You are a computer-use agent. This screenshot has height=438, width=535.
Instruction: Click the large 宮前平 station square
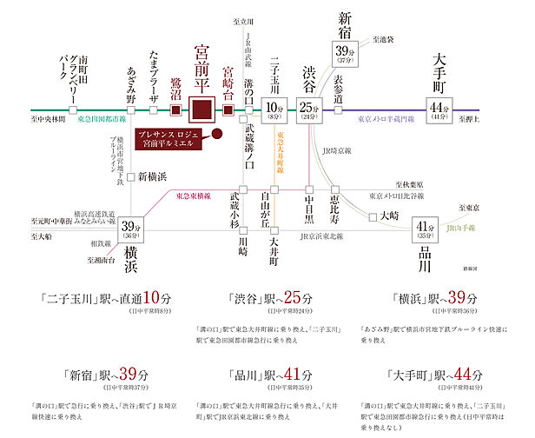(201, 112)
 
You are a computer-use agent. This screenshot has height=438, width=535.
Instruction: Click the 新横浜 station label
(155, 177)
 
